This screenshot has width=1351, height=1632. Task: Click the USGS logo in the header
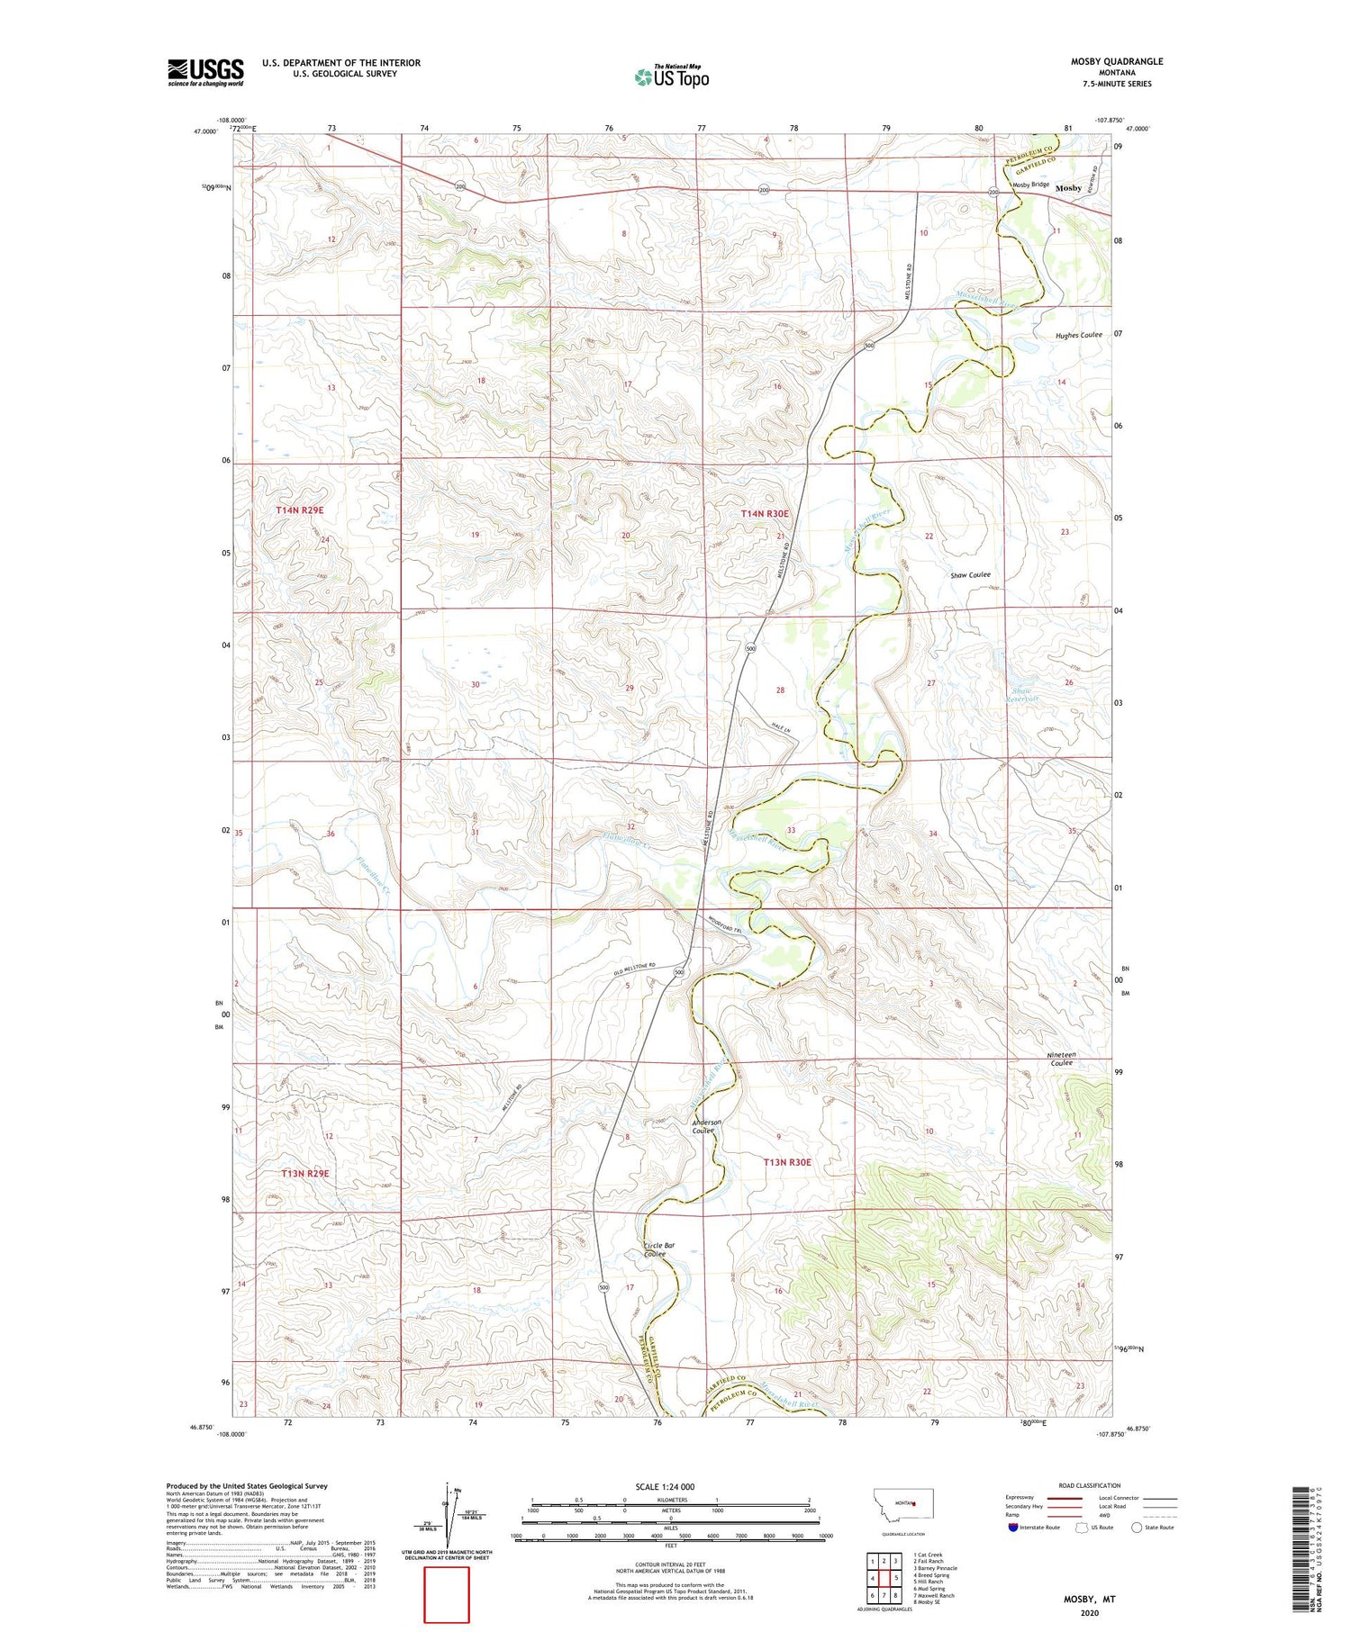(205, 72)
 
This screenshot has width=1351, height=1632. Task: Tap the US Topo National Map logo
(671, 77)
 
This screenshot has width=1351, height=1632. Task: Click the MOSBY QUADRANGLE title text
(1116, 61)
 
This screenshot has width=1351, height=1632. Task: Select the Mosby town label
(1068, 188)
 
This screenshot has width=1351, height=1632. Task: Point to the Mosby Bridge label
(1030, 185)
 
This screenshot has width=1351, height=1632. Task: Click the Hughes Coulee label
(1078, 335)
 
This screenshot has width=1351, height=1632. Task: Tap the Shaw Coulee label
(970, 574)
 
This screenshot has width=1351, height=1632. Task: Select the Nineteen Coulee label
(1061, 1059)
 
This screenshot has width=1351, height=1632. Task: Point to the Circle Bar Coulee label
(659, 1249)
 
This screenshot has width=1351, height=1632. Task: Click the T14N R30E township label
(764, 513)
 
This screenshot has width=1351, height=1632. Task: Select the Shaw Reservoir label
(1022, 695)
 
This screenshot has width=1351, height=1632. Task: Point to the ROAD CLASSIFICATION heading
(1089, 1485)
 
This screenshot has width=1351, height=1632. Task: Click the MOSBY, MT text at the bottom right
(1089, 1600)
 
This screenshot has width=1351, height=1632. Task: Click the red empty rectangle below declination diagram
(447, 1594)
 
